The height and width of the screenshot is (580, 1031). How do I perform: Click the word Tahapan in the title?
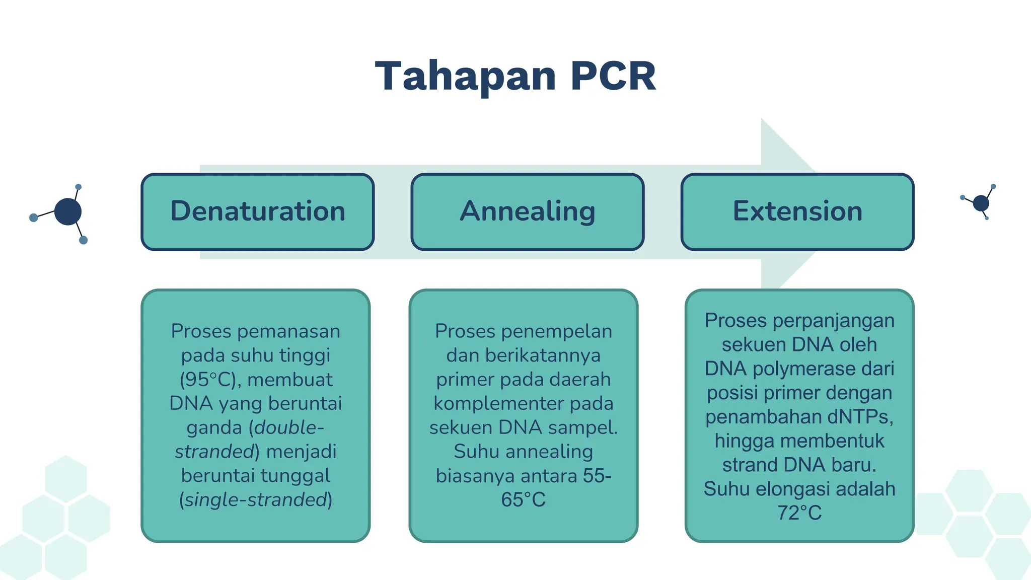(x=466, y=76)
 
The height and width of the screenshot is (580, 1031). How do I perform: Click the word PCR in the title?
(x=613, y=76)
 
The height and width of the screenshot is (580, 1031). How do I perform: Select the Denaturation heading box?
(x=258, y=211)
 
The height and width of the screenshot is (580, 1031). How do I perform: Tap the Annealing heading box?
(x=528, y=211)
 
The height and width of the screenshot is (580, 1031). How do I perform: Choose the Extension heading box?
(x=797, y=211)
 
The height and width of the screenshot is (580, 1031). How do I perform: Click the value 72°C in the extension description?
(x=799, y=513)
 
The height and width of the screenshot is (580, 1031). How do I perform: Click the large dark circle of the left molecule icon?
(x=68, y=211)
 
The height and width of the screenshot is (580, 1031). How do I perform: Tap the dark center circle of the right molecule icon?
(x=981, y=203)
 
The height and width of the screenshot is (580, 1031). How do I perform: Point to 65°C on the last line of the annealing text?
(x=523, y=500)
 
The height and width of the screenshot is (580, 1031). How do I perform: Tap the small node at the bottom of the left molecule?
(x=84, y=240)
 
